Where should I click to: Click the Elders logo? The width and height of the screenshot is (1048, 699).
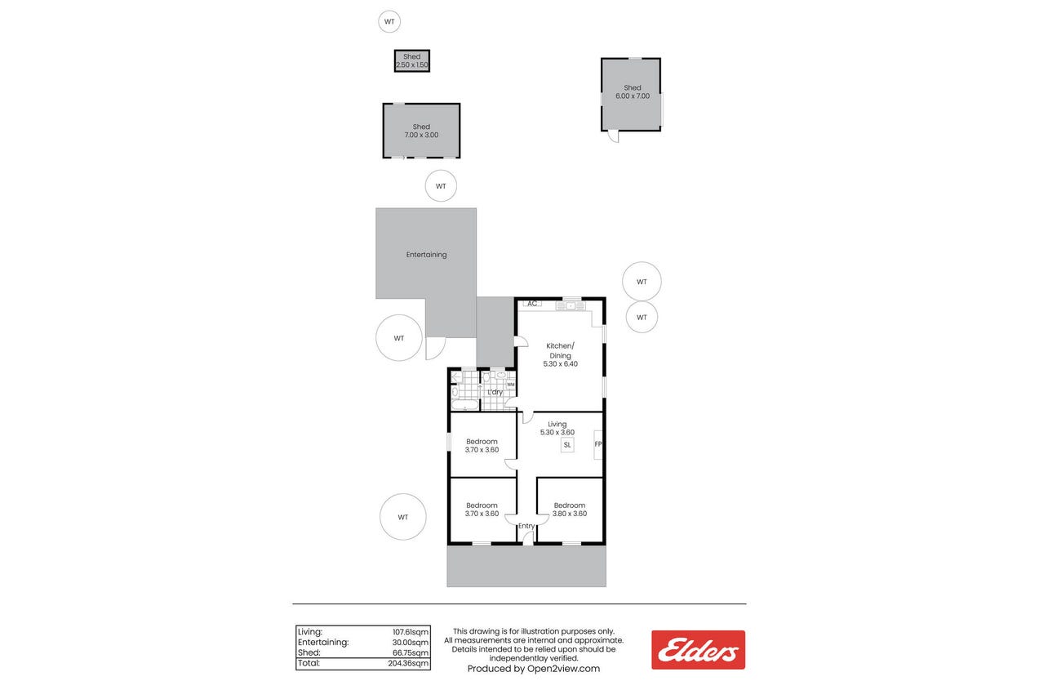tap(698, 649)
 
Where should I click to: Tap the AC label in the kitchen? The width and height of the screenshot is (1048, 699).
tap(532, 304)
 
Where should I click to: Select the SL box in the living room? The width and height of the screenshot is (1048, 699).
tap(567, 445)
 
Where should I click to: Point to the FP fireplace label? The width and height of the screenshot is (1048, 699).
tap(598, 444)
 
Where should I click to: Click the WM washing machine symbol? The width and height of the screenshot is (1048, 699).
tap(511, 385)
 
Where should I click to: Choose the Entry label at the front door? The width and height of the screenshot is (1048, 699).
tap(526, 526)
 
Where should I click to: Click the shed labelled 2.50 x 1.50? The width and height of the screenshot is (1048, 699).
tap(411, 61)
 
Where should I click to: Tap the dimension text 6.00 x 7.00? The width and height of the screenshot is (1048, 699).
tap(633, 96)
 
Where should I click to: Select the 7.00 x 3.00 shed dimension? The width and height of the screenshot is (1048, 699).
tap(421, 135)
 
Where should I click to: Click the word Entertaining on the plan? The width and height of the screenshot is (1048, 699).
tap(426, 255)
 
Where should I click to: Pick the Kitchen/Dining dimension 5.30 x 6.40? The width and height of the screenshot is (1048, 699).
tap(560, 363)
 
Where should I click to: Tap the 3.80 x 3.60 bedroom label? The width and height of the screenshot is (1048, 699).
tap(570, 514)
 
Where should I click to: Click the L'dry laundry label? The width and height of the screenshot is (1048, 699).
tap(495, 392)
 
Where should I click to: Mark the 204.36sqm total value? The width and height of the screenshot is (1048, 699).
tap(408, 663)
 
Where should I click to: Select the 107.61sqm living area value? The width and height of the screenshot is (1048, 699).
tap(411, 632)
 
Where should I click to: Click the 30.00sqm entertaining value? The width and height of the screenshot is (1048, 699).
tap(411, 643)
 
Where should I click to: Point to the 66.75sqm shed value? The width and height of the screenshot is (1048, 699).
tap(411, 652)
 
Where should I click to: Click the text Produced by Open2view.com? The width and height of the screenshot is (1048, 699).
tap(533, 669)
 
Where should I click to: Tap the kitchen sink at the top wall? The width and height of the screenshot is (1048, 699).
tap(571, 305)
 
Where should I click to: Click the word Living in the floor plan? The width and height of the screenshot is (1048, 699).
tap(557, 424)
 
